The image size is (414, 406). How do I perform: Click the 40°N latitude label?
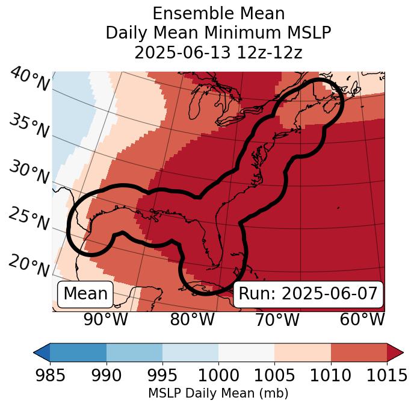coord(29,79)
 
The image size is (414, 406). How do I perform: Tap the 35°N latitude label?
coord(28,126)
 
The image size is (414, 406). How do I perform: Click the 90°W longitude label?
coord(106,319)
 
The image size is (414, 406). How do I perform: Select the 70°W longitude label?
coord(277,319)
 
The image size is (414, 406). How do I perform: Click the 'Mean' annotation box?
coord(85,294)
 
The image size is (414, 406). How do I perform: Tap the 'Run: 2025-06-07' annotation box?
coord(308,294)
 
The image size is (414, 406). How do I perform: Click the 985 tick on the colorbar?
coord(50,375)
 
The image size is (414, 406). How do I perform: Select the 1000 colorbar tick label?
coord(218,375)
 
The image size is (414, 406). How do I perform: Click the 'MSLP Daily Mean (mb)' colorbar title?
coord(218,394)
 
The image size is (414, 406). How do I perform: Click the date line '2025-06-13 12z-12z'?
coord(218,52)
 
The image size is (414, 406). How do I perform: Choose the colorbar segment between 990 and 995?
coord(134,352)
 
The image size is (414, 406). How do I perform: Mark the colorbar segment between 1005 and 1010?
coord(303,352)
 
